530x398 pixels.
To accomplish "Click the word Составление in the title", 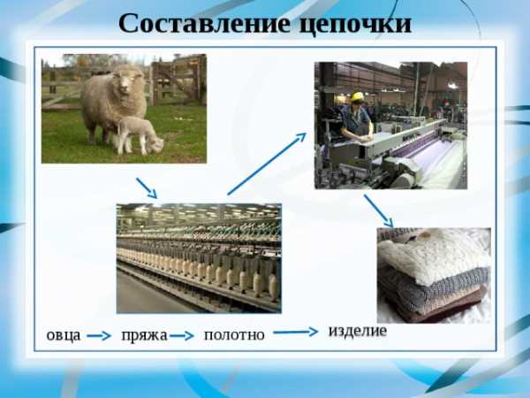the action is click(x=205, y=24).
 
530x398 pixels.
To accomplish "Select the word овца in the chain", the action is click(x=64, y=335).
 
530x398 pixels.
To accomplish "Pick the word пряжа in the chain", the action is click(x=144, y=336).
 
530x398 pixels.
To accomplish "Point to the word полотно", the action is click(x=234, y=335).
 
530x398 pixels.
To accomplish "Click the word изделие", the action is click(x=358, y=331).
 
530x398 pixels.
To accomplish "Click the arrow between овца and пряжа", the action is click(x=99, y=336).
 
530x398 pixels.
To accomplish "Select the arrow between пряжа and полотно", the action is click(x=182, y=336).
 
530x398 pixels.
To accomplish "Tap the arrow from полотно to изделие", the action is click(x=296, y=332).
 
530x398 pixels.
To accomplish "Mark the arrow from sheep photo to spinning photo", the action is click(x=147, y=188).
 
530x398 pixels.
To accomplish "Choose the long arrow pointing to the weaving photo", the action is click(x=267, y=164).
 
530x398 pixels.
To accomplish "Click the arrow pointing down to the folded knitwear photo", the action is click(x=379, y=210).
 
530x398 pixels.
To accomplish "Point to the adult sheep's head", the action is click(x=125, y=80).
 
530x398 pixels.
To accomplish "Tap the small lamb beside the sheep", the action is click(x=140, y=135).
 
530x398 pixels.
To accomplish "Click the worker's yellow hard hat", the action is click(x=356, y=97).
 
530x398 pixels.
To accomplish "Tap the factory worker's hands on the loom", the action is click(x=366, y=138).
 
